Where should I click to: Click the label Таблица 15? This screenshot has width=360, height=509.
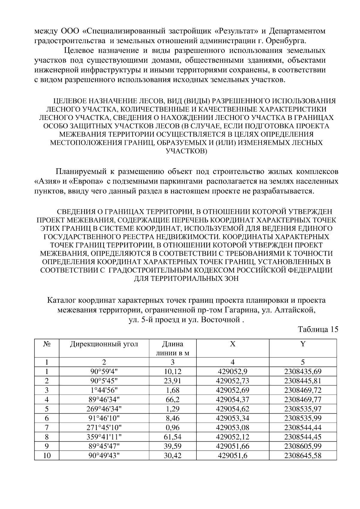pos(318,329)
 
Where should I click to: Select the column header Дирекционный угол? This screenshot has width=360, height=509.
pos(104,344)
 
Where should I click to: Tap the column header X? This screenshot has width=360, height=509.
pos(232,344)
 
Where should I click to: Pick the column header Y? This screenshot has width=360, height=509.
pos(303,344)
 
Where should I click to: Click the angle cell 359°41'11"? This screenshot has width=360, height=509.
pos(104,437)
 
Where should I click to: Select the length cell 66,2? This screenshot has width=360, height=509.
pos(172,400)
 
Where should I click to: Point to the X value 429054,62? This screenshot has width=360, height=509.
pos(232,409)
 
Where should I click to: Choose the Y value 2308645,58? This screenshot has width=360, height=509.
pos(303,456)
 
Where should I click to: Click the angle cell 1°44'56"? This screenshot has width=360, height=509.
pos(104,390)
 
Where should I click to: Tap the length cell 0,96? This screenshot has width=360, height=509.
pos(172,427)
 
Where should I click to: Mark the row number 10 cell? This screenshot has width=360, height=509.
pos(47,456)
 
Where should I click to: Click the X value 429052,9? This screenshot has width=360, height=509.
pos(232,372)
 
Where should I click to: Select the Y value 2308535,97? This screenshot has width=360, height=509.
pos(303,409)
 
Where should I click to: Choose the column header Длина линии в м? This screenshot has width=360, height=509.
pos(172,348)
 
